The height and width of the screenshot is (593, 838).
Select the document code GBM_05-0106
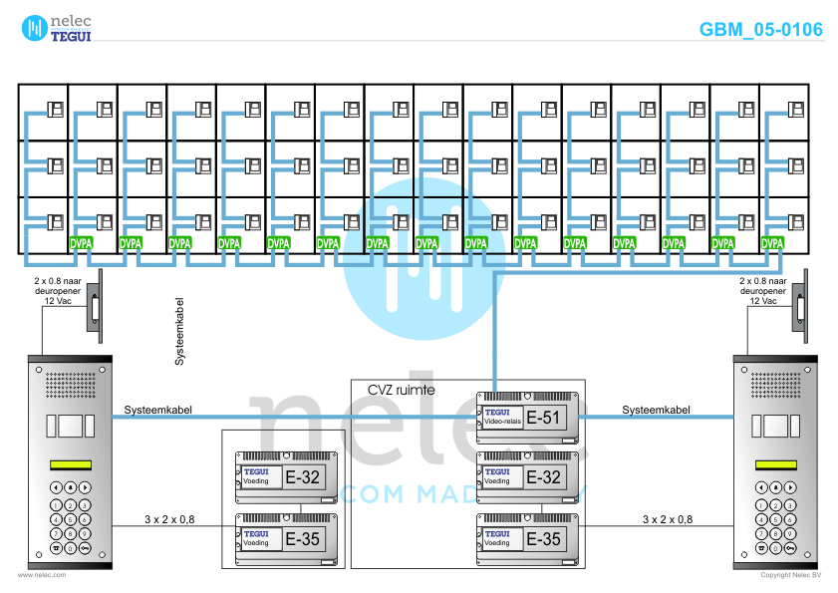tap(760, 29)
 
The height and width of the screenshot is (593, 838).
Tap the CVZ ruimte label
tap(402, 390)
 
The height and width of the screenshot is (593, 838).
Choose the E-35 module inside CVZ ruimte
tap(528, 539)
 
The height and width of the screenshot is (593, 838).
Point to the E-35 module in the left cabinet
tap(287, 539)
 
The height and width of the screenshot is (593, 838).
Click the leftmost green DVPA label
tap(82, 242)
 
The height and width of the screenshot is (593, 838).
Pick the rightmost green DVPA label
tap(772, 242)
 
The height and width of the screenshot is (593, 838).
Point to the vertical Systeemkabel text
tap(179, 329)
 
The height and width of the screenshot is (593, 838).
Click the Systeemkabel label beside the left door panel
tap(158, 410)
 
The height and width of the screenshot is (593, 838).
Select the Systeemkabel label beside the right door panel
tap(656, 410)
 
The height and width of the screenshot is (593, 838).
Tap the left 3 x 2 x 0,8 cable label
tap(168, 519)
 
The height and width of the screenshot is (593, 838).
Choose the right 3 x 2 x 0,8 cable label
tap(668, 519)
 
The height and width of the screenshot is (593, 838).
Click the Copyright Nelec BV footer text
tap(790, 575)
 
